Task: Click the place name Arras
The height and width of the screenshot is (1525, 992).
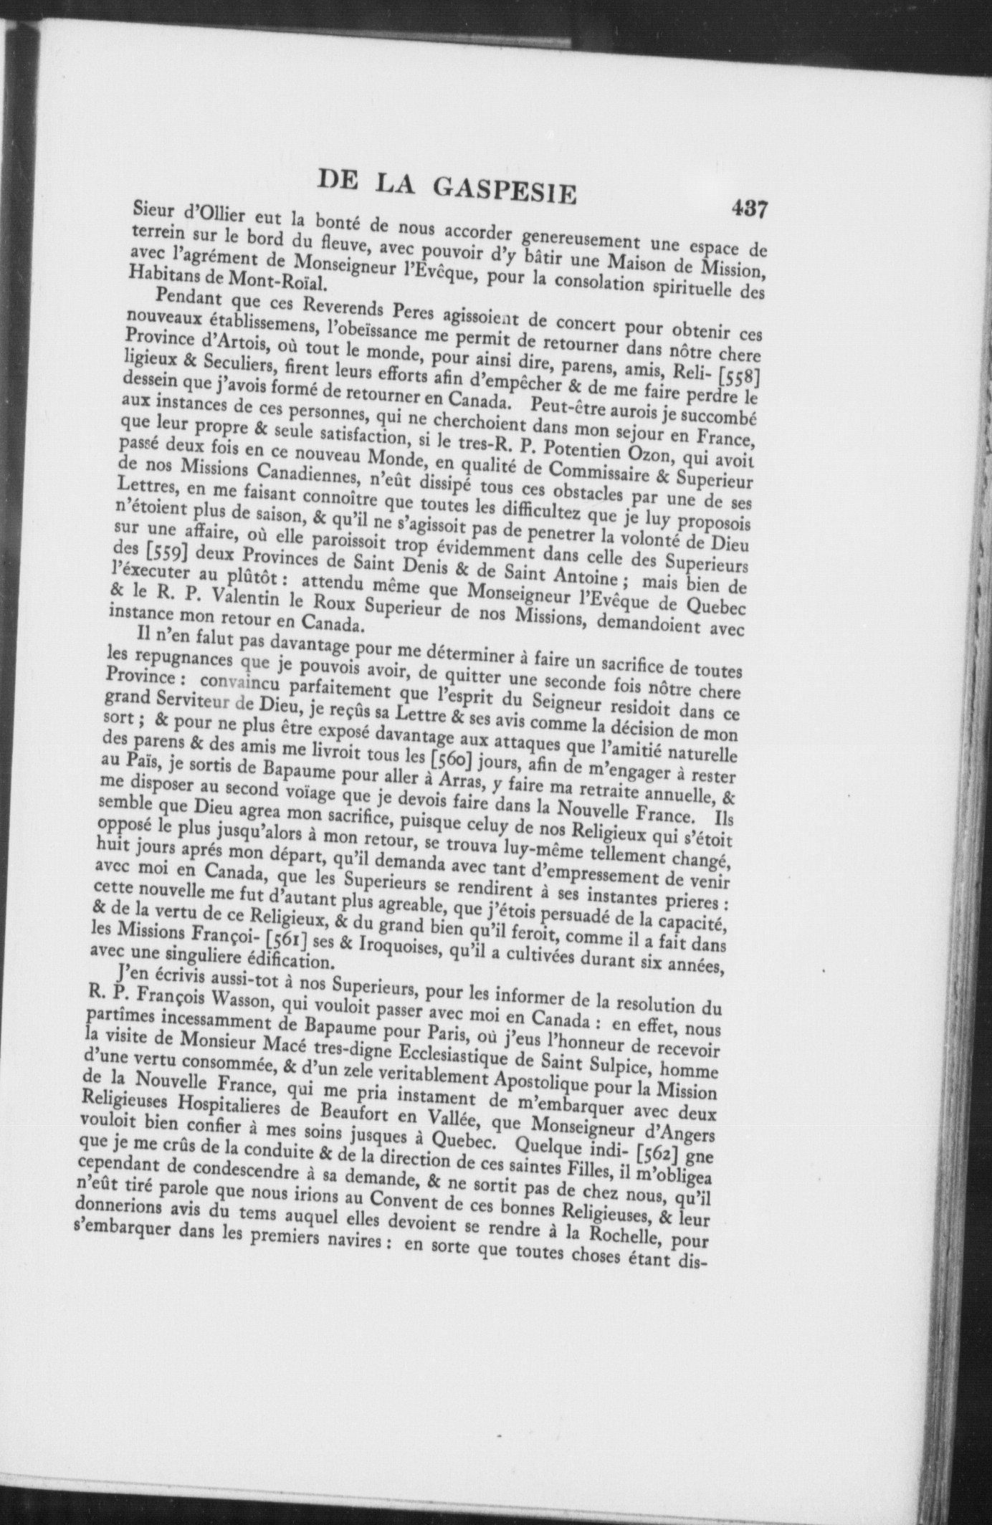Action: [462, 777]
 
